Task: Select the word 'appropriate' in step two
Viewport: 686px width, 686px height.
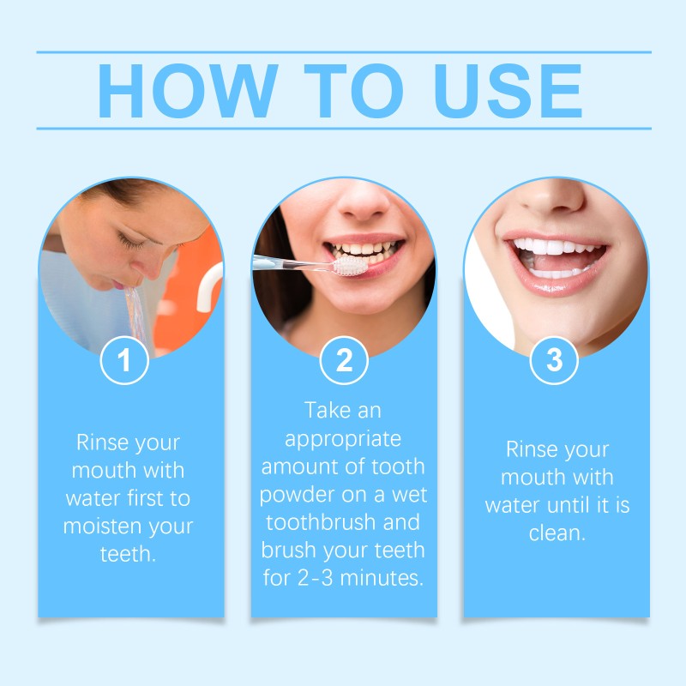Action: (343, 440)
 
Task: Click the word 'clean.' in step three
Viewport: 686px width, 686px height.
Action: (557, 533)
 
